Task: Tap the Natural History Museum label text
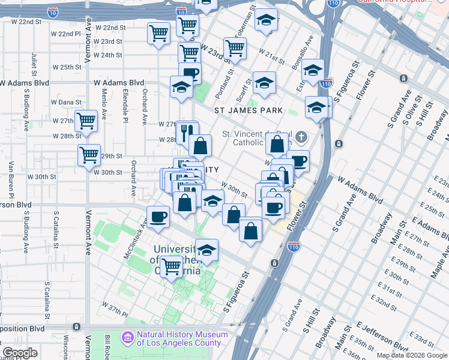click(182, 339)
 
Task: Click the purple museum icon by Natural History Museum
click(127, 338)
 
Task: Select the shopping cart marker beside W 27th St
click(86, 121)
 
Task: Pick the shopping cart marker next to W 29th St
click(89, 155)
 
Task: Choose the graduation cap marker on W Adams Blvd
click(181, 86)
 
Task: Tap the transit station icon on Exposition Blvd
click(76, 327)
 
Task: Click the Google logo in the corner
click(19, 353)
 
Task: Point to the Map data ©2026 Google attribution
click(411, 355)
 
